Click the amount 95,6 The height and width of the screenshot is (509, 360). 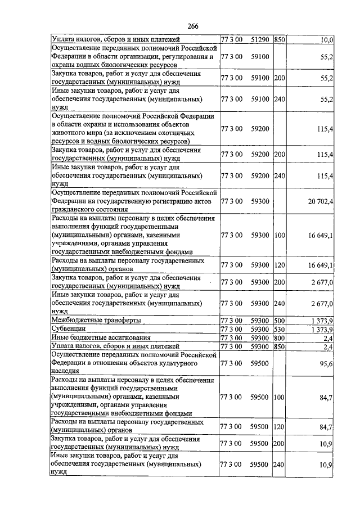pos(327,364)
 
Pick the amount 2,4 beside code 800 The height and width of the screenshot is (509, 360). pos(328,337)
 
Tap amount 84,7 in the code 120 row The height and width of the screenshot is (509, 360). pos(327,427)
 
